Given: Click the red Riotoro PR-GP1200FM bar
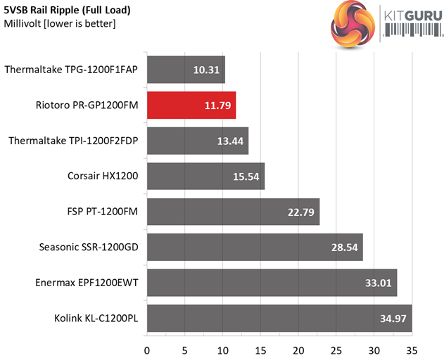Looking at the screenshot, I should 191,105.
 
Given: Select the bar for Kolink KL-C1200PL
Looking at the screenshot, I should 279,318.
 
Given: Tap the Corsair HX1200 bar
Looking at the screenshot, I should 205,176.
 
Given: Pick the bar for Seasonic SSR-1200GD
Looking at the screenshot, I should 254,247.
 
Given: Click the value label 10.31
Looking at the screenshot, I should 205,70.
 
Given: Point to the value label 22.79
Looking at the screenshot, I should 300,212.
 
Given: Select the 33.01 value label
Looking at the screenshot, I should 377,283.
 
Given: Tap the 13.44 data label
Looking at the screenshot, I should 229,141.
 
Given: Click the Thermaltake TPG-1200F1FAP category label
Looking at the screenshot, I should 72,70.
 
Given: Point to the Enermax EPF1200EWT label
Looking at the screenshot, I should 86,283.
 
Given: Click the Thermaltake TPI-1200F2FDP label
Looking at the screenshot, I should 74,141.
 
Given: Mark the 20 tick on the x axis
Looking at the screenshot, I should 298,349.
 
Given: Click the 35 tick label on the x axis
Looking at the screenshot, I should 412,349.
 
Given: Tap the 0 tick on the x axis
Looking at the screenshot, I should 147,349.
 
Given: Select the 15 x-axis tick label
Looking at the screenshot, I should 260,349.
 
